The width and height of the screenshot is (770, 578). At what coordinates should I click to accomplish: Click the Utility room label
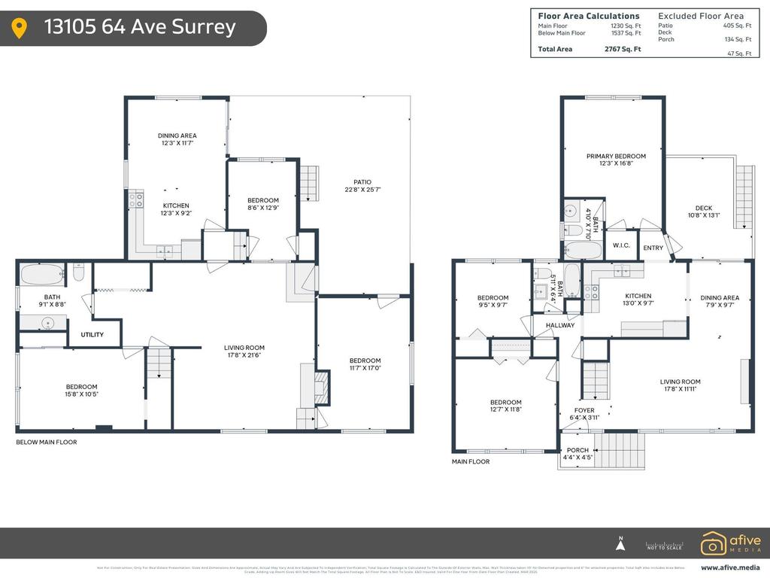click(92, 334)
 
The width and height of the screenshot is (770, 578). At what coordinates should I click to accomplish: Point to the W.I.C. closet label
click(621, 245)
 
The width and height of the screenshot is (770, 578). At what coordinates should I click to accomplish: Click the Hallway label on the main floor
click(560, 325)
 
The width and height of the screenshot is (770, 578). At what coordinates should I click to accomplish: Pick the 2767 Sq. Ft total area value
click(623, 49)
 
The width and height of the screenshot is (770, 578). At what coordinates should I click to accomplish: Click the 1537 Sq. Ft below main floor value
click(626, 33)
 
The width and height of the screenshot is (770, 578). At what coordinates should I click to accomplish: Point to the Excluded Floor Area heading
click(701, 16)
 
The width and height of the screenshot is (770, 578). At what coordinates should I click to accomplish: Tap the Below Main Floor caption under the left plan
click(47, 443)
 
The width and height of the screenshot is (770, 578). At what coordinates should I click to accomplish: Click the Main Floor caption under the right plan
click(471, 461)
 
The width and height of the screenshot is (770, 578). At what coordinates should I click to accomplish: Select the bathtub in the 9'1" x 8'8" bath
click(41, 274)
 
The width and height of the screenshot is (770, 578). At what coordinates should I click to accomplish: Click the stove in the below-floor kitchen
click(136, 200)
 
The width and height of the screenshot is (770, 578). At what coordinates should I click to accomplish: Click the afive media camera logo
click(714, 543)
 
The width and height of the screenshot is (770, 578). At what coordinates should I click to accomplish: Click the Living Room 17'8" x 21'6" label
click(244, 351)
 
